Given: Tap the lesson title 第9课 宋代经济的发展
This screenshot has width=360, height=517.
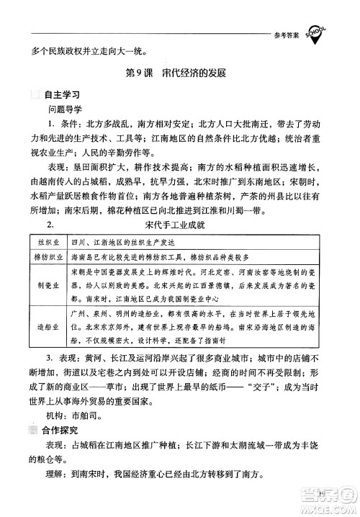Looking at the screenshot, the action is click(176, 74).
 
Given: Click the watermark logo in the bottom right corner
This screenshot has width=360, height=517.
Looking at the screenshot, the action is click(323, 498).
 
